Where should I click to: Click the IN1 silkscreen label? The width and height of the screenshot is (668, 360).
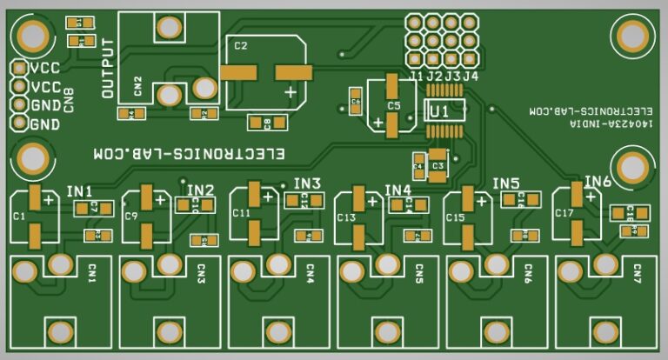(79, 190)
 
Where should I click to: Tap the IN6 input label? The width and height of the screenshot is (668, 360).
(598, 181)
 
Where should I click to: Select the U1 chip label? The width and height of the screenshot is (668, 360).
(439, 111)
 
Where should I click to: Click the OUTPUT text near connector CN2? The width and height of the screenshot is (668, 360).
(108, 69)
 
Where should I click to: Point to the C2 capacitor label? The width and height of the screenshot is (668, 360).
(241, 45)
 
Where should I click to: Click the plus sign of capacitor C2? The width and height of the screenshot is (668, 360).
(290, 90)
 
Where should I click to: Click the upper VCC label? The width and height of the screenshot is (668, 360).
(45, 68)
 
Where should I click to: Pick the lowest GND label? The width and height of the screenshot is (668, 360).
(45, 124)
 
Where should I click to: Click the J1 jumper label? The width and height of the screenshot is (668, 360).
(416, 77)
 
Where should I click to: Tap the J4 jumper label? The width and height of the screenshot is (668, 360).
(471, 77)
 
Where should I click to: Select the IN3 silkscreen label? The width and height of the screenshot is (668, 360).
(307, 183)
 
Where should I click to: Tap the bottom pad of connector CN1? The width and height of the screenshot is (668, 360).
(60, 330)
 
